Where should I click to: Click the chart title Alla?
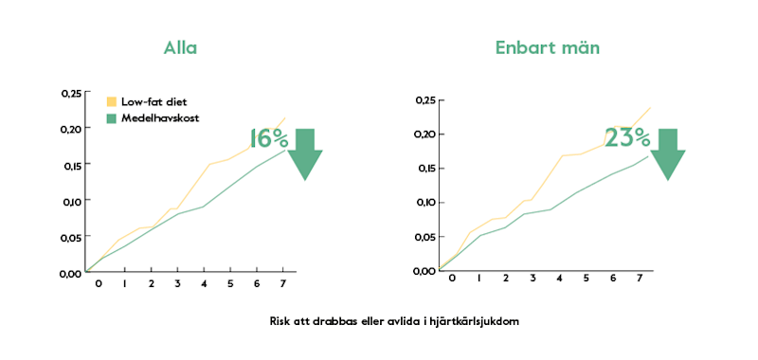coord(180,48)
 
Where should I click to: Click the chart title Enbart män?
coord(547,48)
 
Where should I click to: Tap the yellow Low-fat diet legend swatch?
coord(111,101)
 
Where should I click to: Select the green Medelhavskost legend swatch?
coord(111,117)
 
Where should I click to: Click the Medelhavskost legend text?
coord(159,117)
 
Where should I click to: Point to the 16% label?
coord(268,138)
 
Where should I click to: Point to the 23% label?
coord(626,137)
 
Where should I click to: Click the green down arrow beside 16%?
coord(304,153)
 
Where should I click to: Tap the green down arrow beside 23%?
coord(667,153)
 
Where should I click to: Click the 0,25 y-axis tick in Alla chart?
coord(71,93)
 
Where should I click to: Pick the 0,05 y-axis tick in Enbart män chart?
coord(426,237)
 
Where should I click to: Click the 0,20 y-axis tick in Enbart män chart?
coord(426,135)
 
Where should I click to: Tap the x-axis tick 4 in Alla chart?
coord(204,284)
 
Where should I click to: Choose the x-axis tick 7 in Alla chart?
coord(283,284)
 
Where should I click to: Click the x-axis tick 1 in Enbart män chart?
coord(479,279)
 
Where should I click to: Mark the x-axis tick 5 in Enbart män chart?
coord(586,279)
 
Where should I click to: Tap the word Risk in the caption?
coord(280,321)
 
